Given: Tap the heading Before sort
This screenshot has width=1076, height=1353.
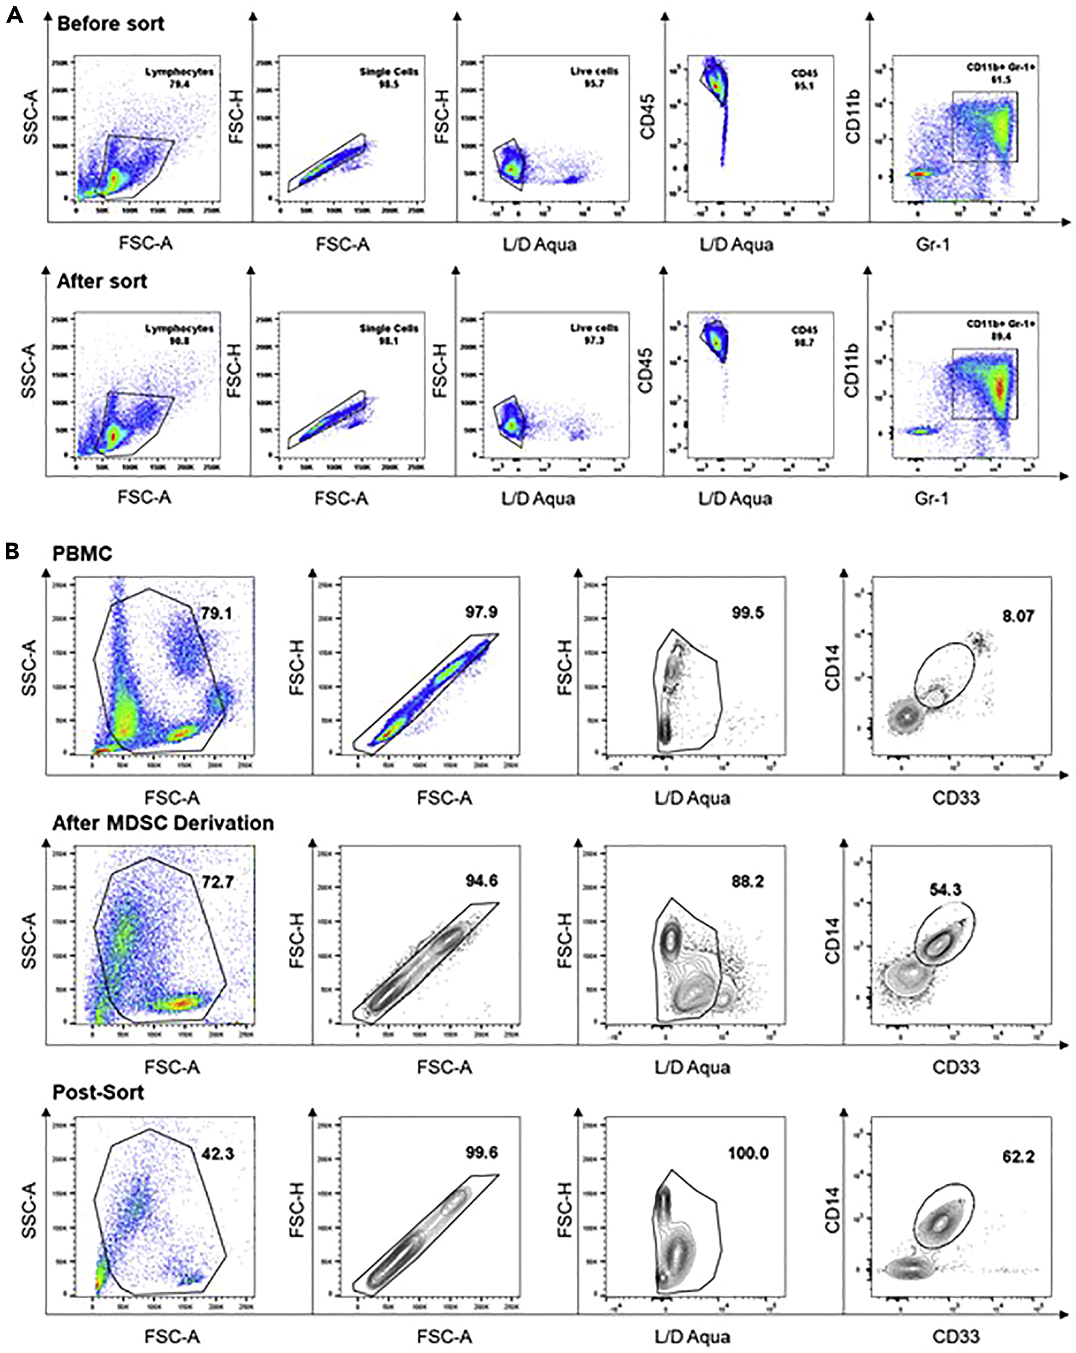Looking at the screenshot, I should click(x=111, y=24).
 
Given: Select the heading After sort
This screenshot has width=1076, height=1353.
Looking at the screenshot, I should click(x=102, y=281).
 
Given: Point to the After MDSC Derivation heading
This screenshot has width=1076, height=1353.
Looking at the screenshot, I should click(x=163, y=822).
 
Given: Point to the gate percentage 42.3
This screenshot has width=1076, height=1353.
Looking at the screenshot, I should click(x=218, y=1153).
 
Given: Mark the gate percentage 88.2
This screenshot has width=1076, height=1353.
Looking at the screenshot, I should click(x=747, y=882).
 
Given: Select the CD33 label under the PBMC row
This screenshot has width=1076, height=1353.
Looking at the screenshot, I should click(x=956, y=798).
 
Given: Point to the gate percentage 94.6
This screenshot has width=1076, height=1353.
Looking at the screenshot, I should click(x=481, y=881).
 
